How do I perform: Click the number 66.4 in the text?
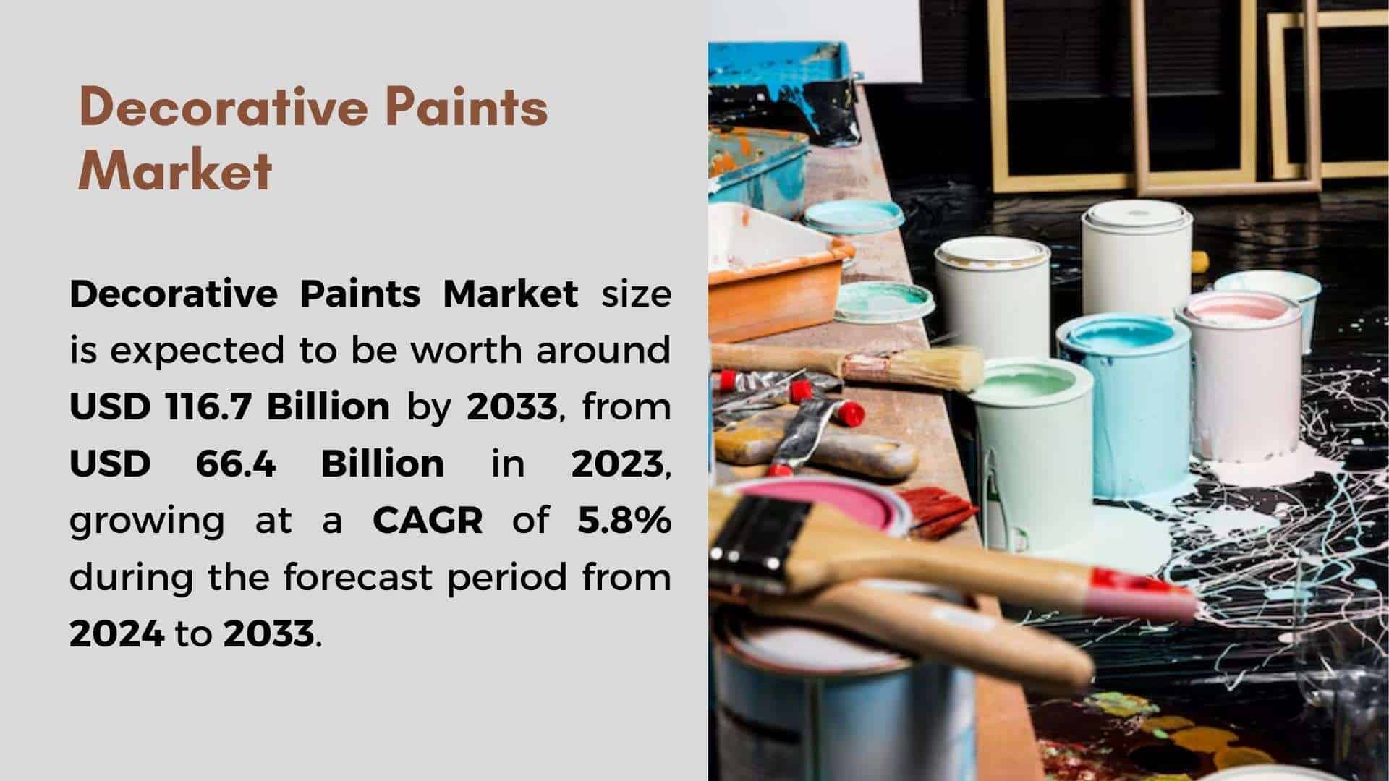click(x=236, y=463)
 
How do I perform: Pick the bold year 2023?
click(x=617, y=463)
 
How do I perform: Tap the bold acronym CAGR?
click(x=428, y=520)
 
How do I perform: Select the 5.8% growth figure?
click(x=624, y=520)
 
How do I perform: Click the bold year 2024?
click(x=116, y=633)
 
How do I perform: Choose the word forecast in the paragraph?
click(x=359, y=577)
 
